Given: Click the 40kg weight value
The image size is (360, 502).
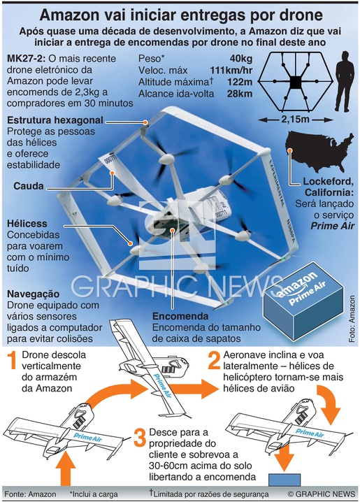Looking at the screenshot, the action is tap(241, 59).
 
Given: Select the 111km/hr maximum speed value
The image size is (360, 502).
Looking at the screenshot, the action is tap(231, 71).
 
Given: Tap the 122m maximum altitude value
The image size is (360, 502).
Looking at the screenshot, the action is tap(240, 83).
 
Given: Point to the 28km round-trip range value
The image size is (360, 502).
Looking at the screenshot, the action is tap(240, 94).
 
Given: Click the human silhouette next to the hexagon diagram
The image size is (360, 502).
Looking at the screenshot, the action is tap(345, 81).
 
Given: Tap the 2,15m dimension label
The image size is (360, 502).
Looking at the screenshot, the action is tap(296, 120).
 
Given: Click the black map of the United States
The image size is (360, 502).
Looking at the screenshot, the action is tap(319, 151).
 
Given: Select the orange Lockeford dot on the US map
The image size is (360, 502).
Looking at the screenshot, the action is tap(290, 150).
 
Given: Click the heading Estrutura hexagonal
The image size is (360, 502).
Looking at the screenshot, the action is tap(55, 120).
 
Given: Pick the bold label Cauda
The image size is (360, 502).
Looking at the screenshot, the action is tap(29, 186).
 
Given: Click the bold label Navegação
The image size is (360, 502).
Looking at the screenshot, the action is tap(34, 294).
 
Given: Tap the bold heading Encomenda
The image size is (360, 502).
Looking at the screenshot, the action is tap(180, 316).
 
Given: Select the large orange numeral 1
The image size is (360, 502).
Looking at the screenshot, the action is tap(12, 360).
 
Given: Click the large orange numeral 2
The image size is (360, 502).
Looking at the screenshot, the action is tap(214, 360).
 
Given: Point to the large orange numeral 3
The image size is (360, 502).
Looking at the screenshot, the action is tap(140, 438).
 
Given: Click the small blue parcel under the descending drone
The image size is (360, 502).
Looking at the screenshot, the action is tap(285, 480).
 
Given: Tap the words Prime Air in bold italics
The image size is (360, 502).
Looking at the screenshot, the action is tap(333, 226).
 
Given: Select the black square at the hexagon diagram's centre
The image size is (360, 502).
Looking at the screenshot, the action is tap(296, 83).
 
